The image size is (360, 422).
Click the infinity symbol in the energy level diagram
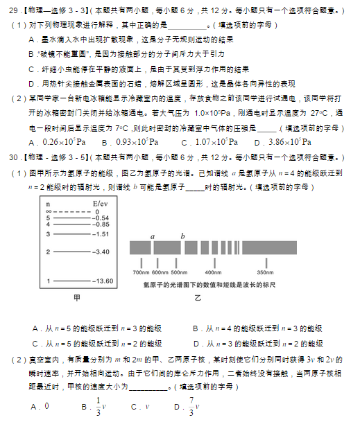tap(48, 211)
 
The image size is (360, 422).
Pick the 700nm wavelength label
tap(141, 272)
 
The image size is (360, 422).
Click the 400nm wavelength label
tap(213, 272)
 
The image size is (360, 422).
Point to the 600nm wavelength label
tap(160, 272)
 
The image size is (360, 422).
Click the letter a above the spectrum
tap(153, 236)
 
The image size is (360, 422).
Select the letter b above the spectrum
tap(182, 236)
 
